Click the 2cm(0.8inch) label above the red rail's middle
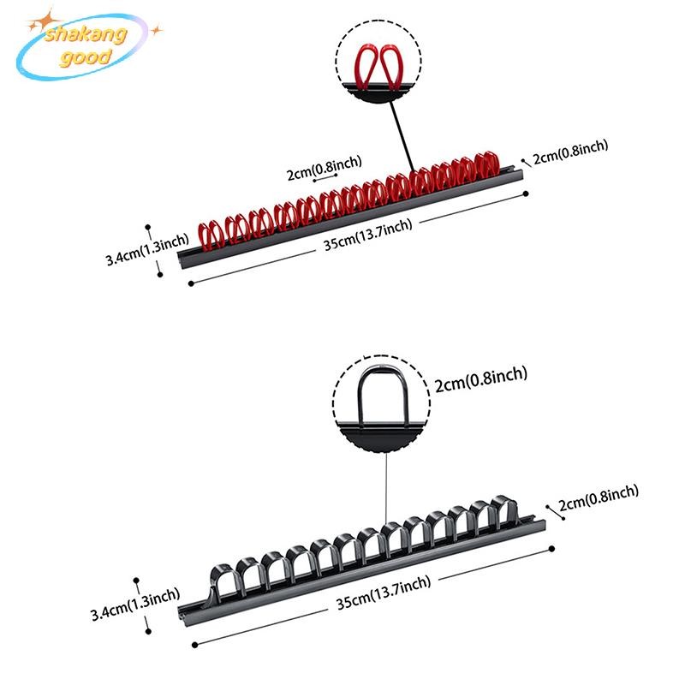pyautogui.click(x=324, y=172)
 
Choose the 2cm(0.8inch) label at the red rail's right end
pyautogui.click(x=570, y=152)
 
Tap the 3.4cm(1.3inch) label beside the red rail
pyautogui.click(x=146, y=251)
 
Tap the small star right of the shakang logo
pyautogui.click(x=156, y=31)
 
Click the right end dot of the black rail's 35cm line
pyautogui.click(x=554, y=547)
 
